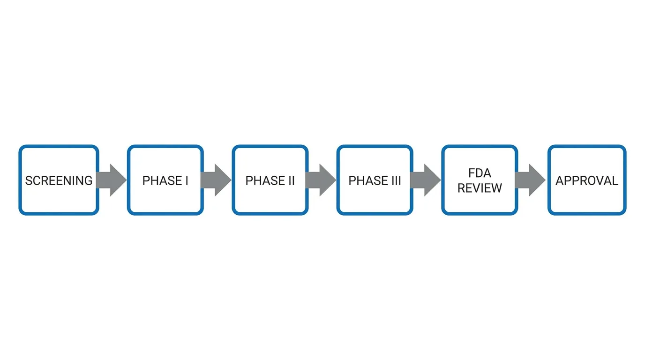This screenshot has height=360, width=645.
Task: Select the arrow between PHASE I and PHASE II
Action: coord(217,180)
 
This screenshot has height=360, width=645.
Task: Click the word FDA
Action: coord(480,173)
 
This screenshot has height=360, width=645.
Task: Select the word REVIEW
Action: coord(480,188)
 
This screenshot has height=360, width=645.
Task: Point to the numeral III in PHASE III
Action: coord(396,180)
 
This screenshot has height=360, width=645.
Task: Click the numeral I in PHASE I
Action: coord(186,180)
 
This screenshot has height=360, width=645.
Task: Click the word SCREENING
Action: coord(59,180)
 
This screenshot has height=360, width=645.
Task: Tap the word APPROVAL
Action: coord(587,180)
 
